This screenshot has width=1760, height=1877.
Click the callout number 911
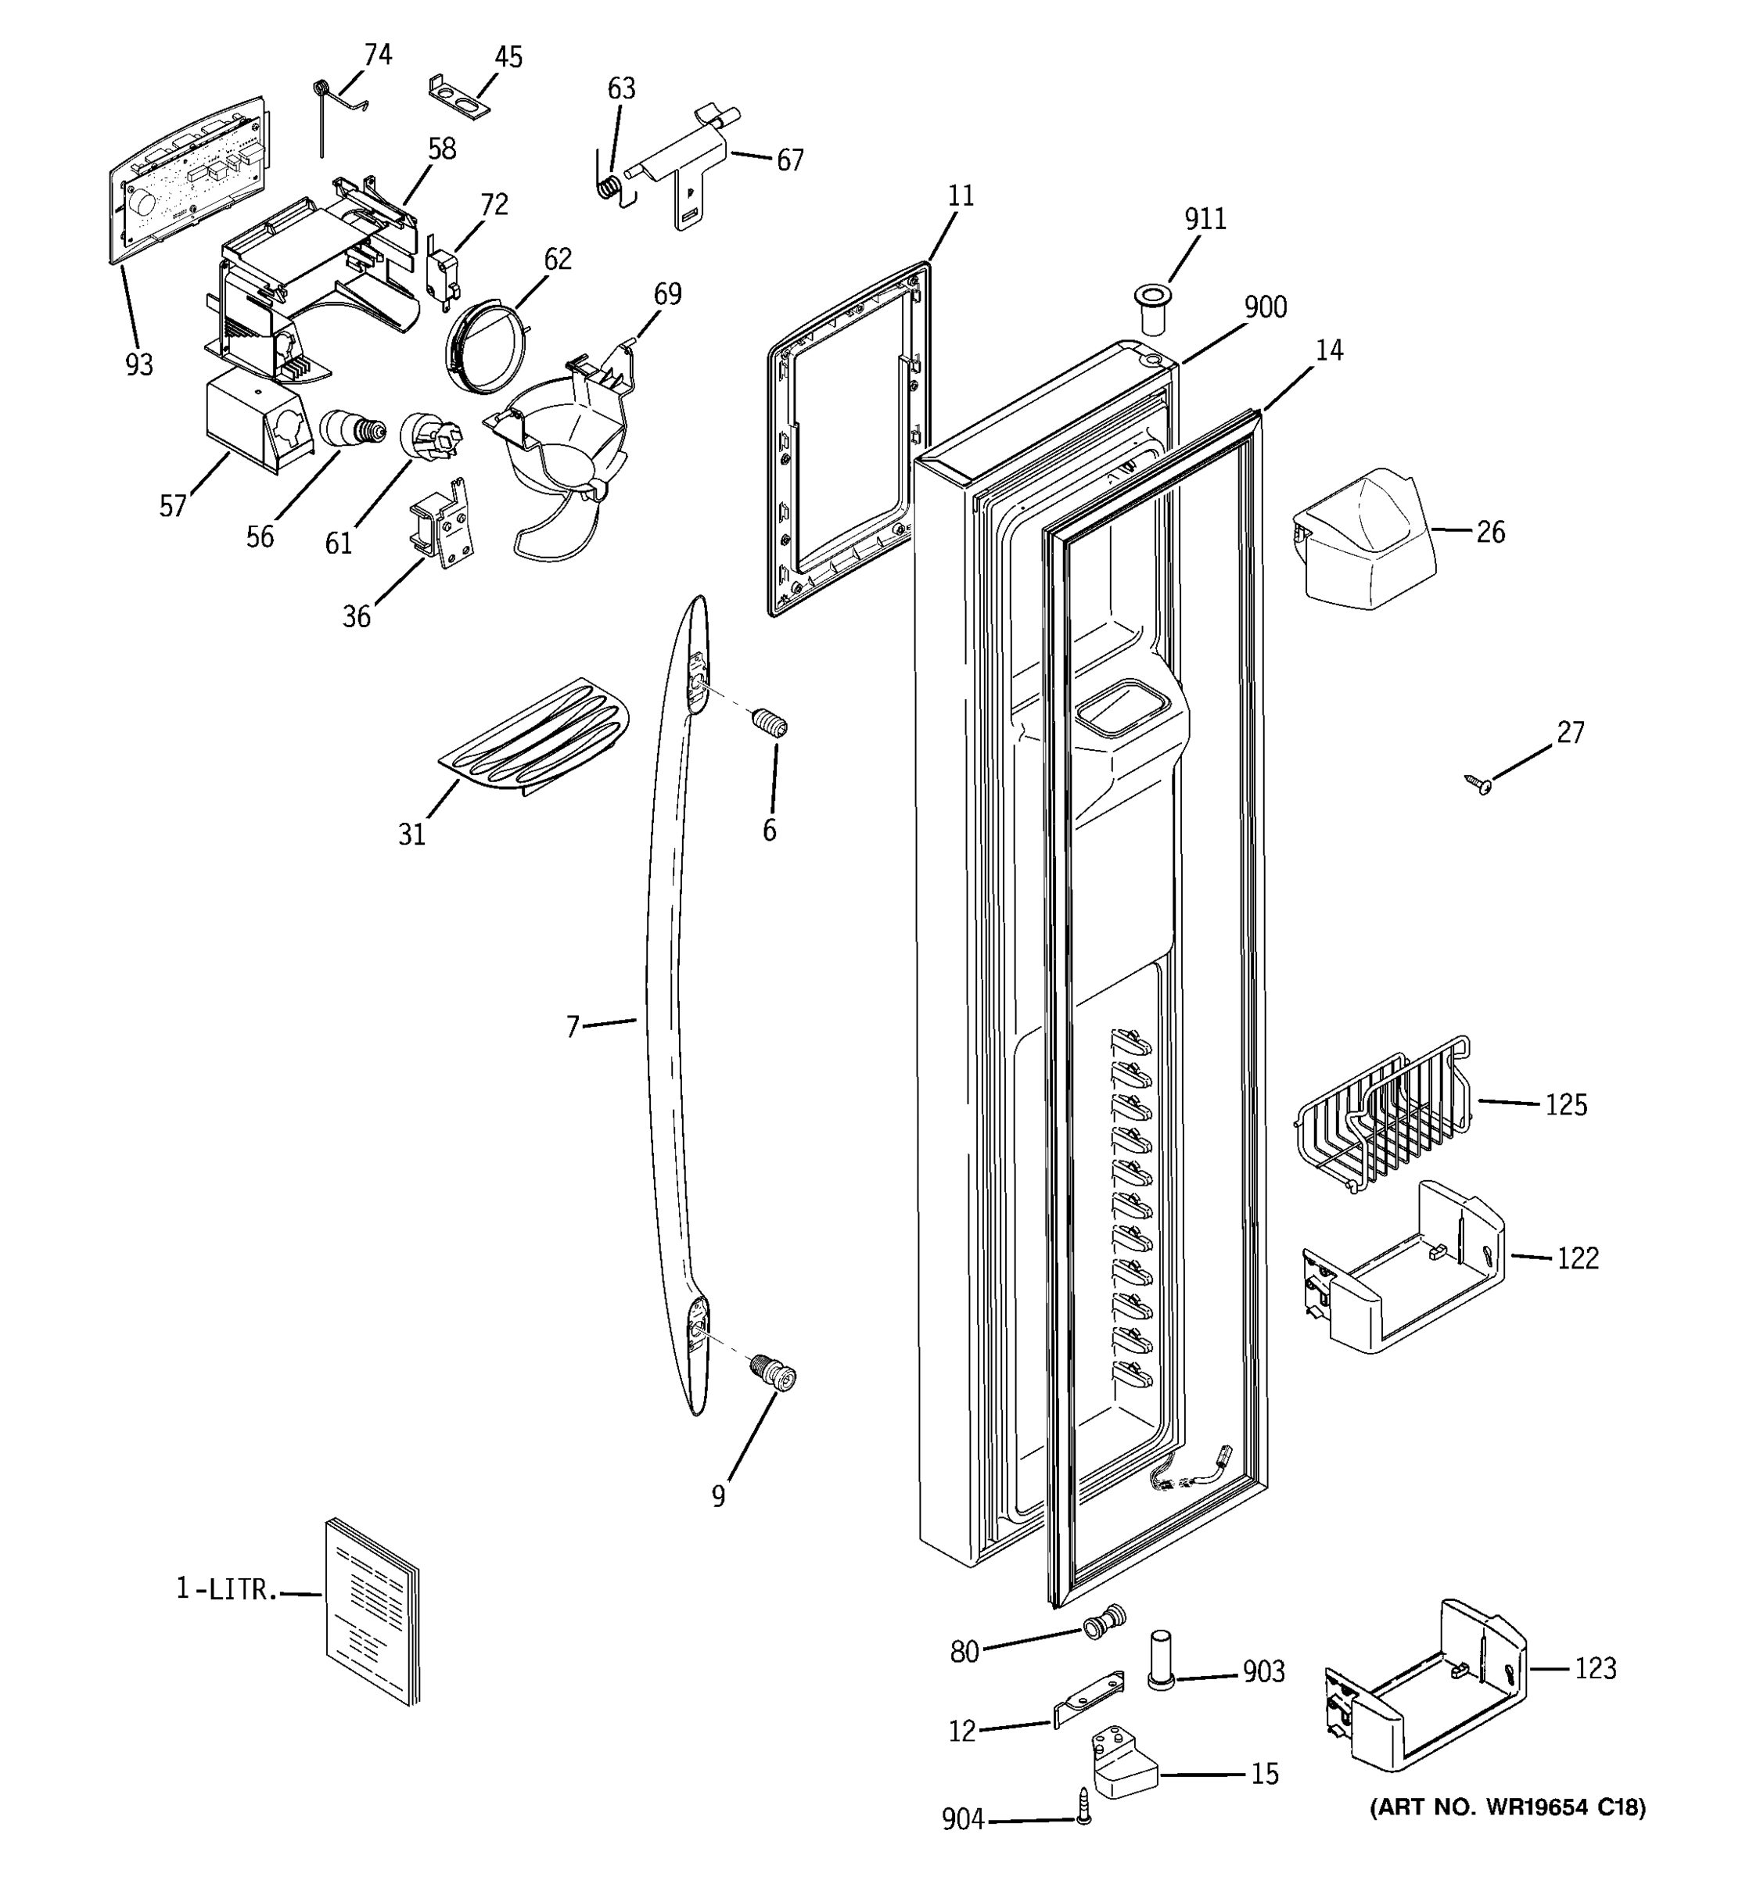coord(1205,219)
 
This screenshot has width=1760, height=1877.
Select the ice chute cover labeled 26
coord(1364,536)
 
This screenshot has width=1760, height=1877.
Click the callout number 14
coord(1328,350)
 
